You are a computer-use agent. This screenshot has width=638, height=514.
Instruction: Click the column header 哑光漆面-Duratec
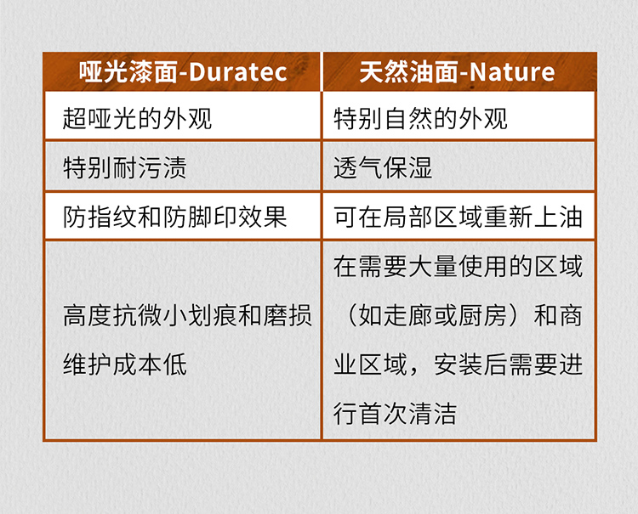click(182, 71)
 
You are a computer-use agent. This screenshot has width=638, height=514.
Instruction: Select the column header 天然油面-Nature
click(457, 71)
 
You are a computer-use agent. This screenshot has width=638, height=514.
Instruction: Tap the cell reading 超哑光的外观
click(137, 117)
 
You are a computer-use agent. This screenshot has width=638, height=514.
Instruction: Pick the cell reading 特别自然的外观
click(420, 117)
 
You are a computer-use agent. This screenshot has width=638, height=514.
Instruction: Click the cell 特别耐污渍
click(124, 167)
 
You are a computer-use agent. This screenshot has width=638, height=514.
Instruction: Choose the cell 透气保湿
click(383, 167)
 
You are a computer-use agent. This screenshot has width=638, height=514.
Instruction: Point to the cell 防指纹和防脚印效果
click(174, 216)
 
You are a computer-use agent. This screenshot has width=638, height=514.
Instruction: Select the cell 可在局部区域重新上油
click(458, 216)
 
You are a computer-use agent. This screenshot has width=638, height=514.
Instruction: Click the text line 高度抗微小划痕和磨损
click(187, 316)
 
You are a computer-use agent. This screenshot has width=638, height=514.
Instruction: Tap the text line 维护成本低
click(124, 364)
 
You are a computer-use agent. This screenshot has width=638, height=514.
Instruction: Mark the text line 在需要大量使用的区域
click(458, 267)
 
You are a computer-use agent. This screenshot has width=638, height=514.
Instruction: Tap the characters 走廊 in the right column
click(407, 316)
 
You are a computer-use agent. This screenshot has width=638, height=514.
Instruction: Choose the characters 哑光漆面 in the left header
click(125, 71)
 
